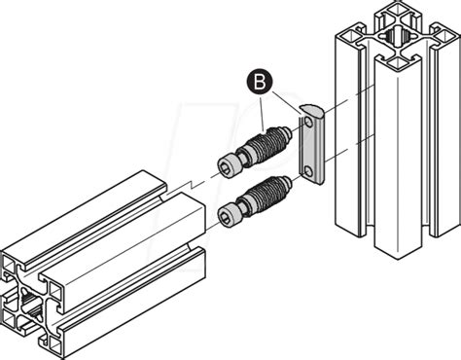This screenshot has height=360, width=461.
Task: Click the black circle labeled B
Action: (x=260, y=83)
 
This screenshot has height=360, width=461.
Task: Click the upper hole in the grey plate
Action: (x=308, y=122)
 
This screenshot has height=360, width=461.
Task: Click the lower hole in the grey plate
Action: (x=307, y=170)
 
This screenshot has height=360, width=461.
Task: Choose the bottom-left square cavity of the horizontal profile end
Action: (x=10, y=320)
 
